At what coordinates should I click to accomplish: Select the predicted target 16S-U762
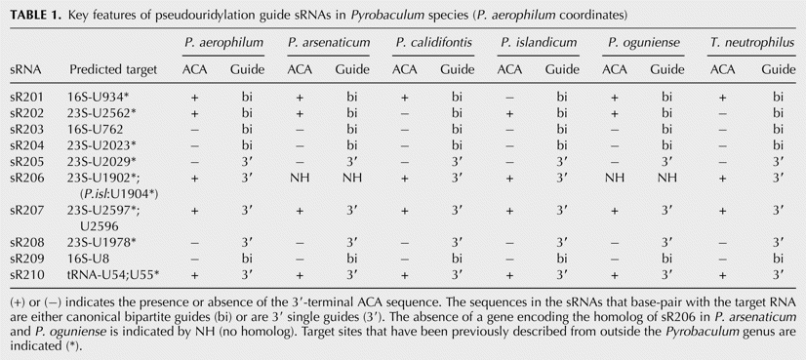click(95, 129)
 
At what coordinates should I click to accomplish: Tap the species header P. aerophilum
click(223, 42)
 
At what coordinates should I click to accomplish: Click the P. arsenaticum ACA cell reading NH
click(300, 178)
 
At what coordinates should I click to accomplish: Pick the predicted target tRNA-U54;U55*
click(113, 274)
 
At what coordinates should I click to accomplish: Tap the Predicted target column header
click(113, 69)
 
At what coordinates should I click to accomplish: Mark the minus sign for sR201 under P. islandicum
click(509, 98)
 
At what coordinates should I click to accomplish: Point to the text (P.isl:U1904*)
click(116, 193)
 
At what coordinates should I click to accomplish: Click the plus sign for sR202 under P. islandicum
click(509, 112)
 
